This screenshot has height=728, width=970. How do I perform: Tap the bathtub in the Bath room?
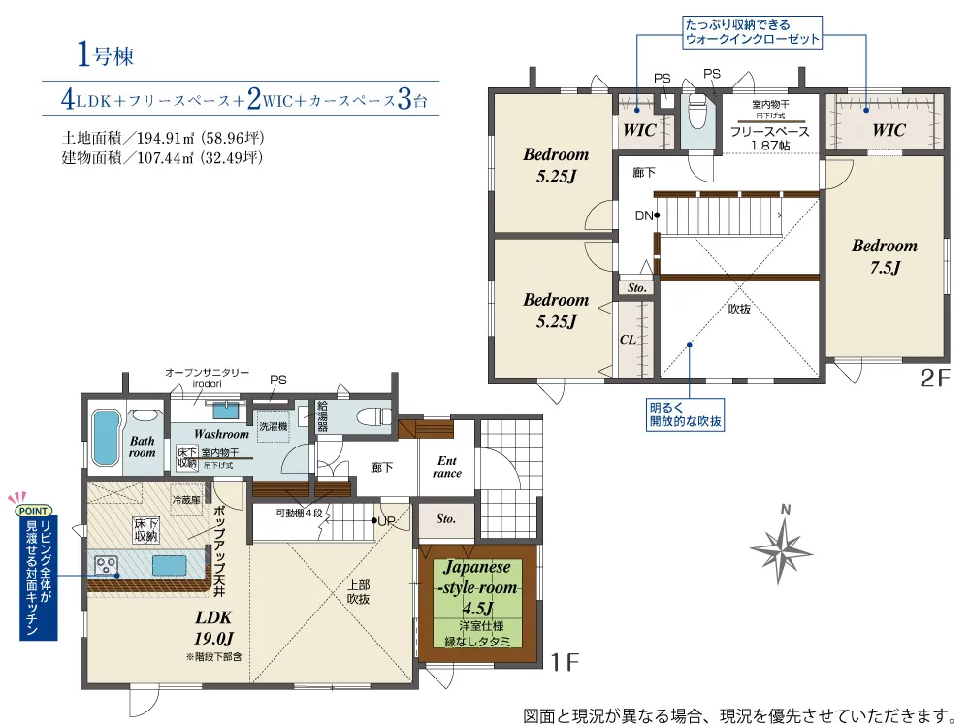(x=106, y=439)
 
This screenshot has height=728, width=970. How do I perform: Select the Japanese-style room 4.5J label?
(x=477, y=587)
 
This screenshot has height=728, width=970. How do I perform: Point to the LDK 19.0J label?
(x=213, y=628)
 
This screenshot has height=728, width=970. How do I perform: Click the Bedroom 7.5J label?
(x=885, y=256)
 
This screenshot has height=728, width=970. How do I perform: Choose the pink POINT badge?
(x=33, y=511)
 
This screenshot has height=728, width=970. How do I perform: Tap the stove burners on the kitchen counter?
(x=106, y=566)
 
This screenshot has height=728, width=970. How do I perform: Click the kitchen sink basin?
(x=170, y=565)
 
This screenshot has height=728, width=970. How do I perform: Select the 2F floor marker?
(x=934, y=378)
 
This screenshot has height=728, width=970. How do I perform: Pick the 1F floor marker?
(x=565, y=662)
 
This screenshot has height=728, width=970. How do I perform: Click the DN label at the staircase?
(x=644, y=215)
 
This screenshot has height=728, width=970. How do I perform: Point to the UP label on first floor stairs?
(x=387, y=521)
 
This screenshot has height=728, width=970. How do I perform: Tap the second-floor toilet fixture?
(x=697, y=112)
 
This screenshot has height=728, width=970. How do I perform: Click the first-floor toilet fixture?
(x=373, y=416)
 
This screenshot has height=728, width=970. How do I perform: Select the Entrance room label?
(x=446, y=467)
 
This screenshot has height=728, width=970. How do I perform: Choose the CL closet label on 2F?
(x=628, y=339)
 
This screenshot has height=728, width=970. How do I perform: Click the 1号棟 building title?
(x=105, y=54)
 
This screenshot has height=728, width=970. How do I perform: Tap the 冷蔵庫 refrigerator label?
(x=186, y=500)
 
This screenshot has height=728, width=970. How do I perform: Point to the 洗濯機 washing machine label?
(x=274, y=426)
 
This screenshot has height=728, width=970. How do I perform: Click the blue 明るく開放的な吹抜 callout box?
(x=685, y=414)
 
